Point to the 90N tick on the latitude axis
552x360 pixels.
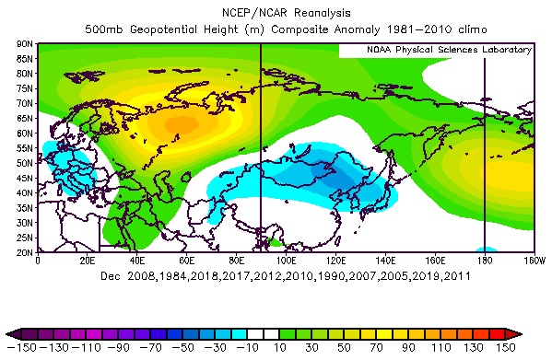click(24, 43)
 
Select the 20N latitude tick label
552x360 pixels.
click(24, 251)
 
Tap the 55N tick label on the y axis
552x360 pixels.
click(24, 147)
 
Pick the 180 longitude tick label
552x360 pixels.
click(484, 261)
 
